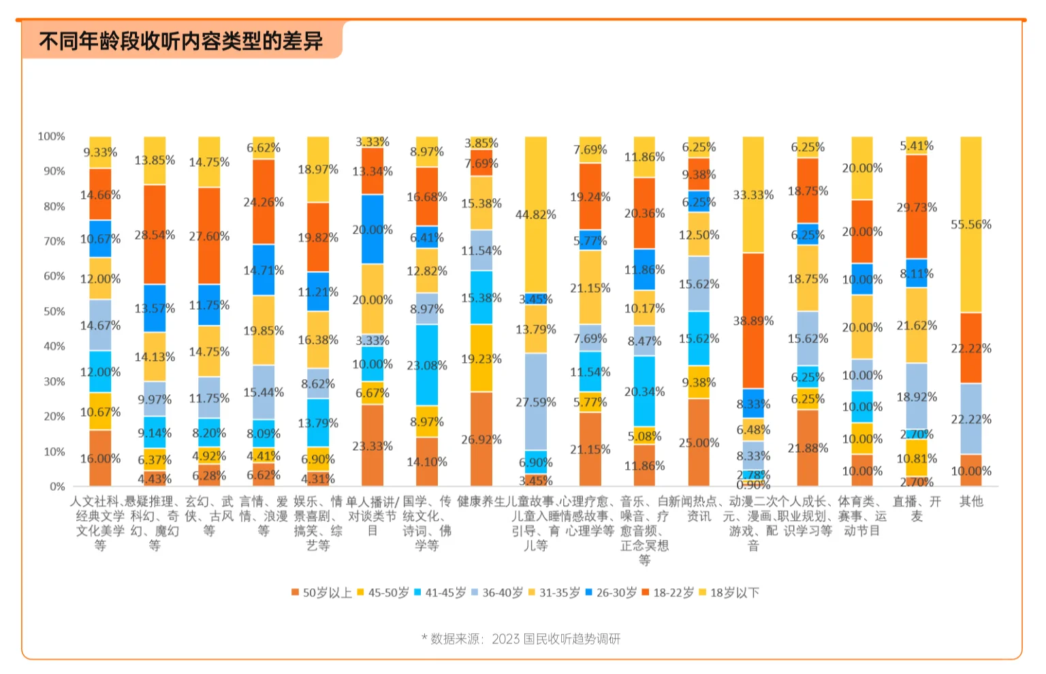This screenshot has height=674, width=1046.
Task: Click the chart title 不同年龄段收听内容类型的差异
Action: pyautogui.click(x=180, y=41)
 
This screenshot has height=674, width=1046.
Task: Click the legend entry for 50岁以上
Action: pyautogui.click(x=321, y=593)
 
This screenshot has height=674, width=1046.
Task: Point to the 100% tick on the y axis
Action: pyautogui.click(x=52, y=137)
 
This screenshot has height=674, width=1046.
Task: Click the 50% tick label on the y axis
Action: pyautogui.click(x=54, y=312)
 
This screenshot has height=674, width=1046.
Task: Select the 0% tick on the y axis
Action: pyautogui.click(x=57, y=487)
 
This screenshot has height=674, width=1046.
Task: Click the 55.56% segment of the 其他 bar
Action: pyautogui.click(x=971, y=224)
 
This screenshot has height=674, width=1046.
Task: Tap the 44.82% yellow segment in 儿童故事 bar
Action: pyautogui.click(x=536, y=214)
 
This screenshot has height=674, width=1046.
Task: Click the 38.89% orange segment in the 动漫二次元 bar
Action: pyautogui.click(x=753, y=321)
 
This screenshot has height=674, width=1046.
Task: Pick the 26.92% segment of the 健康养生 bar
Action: pyautogui.click(x=481, y=439)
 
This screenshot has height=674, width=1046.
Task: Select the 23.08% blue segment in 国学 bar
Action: pyautogui.click(x=427, y=365)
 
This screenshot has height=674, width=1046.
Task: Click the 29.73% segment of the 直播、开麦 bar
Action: pyautogui.click(x=917, y=207)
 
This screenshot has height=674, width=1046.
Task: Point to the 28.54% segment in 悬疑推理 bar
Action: pyautogui.click(x=155, y=235)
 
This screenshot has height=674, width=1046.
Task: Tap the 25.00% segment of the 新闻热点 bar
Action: pyautogui.click(x=699, y=443)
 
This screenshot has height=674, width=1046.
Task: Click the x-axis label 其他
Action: pyautogui.click(x=971, y=502)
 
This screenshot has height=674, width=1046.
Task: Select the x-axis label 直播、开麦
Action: pyautogui.click(x=917, y=509)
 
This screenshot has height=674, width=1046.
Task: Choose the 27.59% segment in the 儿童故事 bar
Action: pyautogui.click(x=536, y=402)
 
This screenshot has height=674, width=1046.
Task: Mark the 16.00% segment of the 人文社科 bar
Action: pyautogui.click(x=100, y=458)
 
